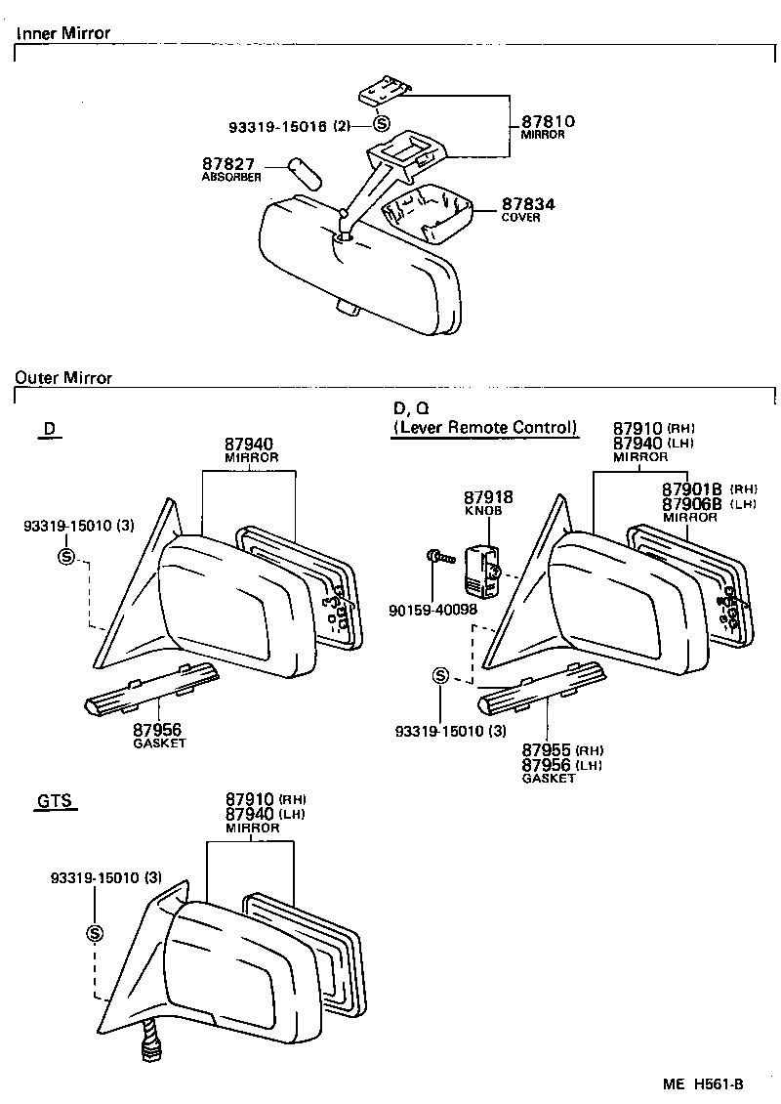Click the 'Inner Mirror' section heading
62,33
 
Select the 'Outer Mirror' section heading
63,377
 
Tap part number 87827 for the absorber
228,163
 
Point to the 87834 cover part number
528,204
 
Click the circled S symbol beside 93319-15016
381,124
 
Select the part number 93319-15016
277,126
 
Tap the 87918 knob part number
488,497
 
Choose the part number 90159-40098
432,610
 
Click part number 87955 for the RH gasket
548,751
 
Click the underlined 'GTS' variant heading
55,802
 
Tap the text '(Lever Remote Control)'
484,427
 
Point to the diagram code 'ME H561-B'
703,1084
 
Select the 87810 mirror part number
548,122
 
